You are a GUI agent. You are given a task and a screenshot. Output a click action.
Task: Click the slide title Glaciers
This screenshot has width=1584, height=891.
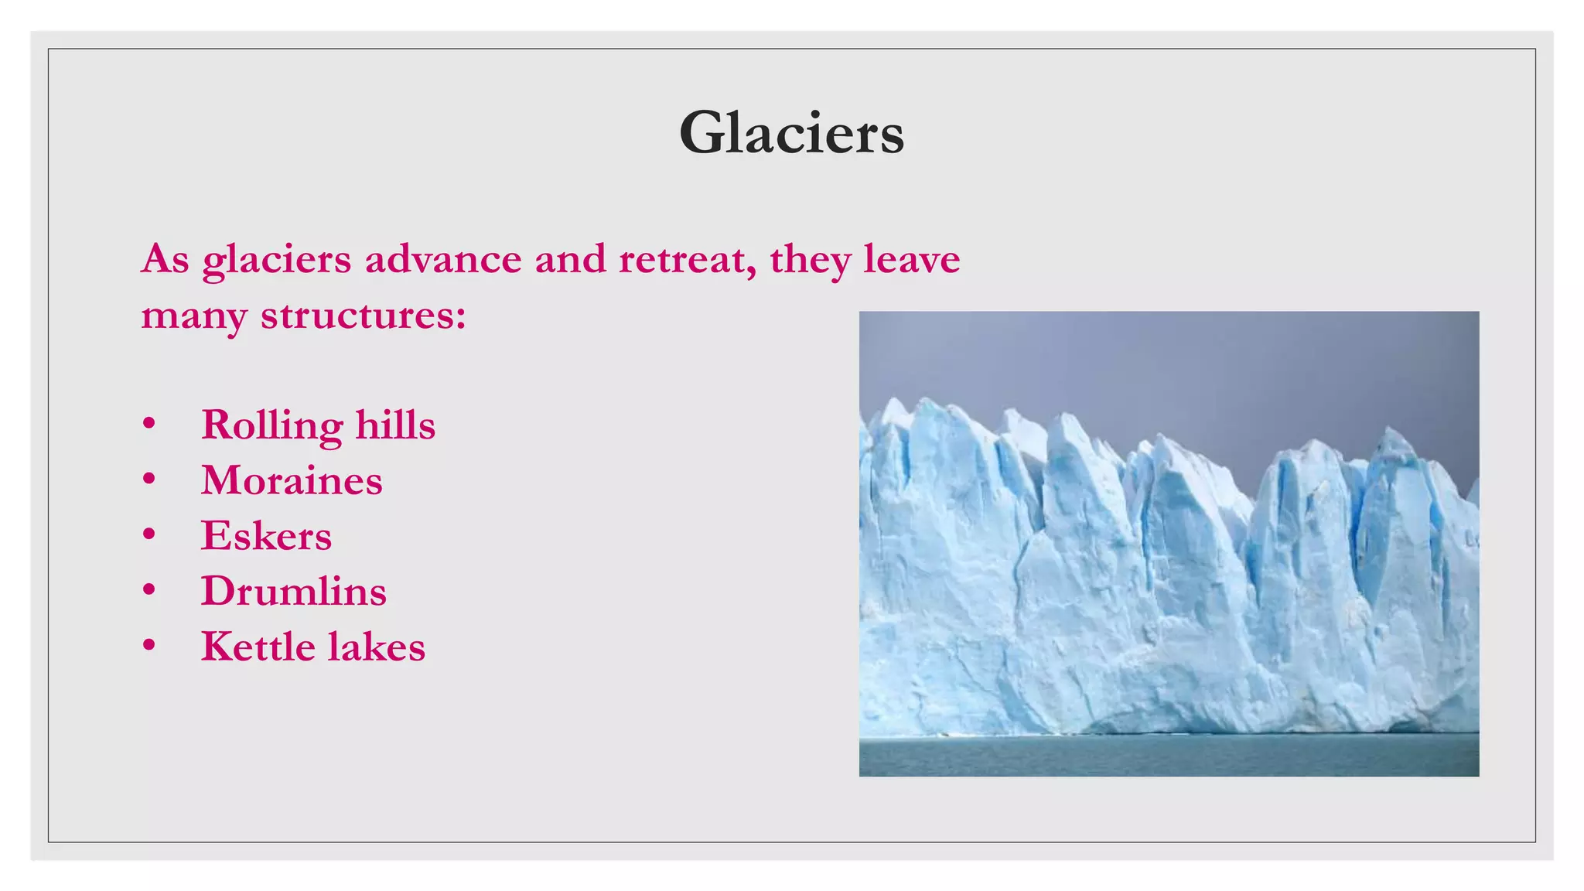tap(791, 133)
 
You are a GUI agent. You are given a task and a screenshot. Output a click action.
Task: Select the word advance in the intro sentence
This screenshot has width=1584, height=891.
tap(442, 259)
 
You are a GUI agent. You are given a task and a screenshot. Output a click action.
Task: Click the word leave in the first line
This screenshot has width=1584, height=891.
tap(911, 259)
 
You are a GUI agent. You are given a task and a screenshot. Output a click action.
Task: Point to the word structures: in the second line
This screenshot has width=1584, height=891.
tap(363, 316)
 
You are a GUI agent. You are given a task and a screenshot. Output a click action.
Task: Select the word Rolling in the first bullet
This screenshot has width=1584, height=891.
tap(271, 426)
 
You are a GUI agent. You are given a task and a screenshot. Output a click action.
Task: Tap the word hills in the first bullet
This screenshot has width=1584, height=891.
tap(395, 425)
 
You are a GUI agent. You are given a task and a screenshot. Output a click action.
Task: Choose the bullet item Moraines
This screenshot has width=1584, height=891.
tap(292, 481)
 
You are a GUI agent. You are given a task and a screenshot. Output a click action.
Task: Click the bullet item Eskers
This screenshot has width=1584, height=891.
tap(266, 536)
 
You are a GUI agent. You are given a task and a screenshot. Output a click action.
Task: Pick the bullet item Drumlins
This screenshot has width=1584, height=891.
tap(293, 592)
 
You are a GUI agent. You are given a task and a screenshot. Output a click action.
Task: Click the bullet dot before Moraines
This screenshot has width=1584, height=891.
tap(149, 480)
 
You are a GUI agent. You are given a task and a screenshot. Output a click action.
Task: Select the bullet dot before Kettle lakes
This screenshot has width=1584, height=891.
tap(149, 646)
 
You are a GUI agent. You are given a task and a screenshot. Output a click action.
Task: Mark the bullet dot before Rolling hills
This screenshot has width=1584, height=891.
tap(149, 424)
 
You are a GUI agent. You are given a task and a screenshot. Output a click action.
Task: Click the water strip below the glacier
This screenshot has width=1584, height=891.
tap(1168, 756)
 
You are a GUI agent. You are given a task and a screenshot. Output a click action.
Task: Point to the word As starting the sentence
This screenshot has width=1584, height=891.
tap(165, 259)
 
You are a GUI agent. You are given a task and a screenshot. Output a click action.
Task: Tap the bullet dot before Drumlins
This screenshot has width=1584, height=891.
tap(149, 590)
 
